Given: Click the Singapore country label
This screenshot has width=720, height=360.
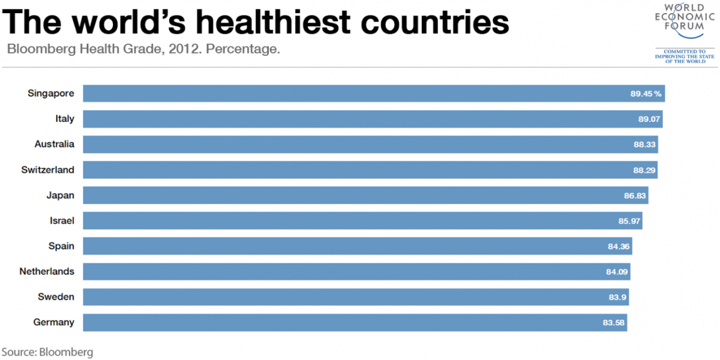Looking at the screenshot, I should click(51, 93).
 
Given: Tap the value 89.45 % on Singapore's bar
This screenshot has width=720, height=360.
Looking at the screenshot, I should click(646, 94).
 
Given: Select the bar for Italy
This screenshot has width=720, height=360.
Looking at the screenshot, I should click(372, 119).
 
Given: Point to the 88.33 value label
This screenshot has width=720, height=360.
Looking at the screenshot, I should click(645, 145).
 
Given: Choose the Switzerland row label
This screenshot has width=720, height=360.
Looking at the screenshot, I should click(48, 170).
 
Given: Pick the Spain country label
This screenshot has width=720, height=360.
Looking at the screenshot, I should click(61, 246).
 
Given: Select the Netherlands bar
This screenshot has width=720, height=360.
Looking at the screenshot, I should click(356, 271).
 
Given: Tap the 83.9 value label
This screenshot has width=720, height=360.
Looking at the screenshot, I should click(617, 297).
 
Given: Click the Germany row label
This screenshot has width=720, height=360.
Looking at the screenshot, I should click(54, 322).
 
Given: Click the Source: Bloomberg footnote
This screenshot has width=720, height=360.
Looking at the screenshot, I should click(47, 352).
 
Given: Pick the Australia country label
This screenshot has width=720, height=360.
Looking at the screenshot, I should click(55, 144).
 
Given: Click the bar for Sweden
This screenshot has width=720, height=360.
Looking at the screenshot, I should click(356, 297).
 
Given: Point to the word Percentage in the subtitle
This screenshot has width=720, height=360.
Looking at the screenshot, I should click(243, 49).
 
